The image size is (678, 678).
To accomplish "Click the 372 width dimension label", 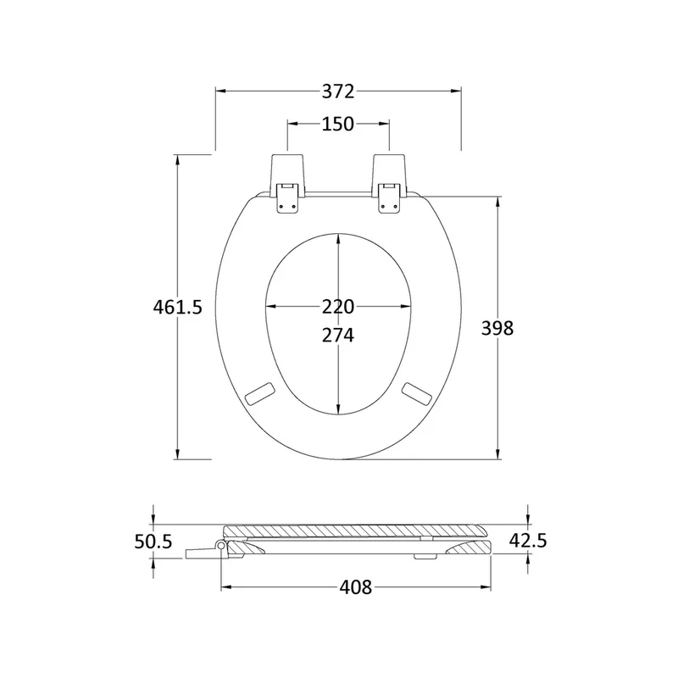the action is click(x=338, y=92).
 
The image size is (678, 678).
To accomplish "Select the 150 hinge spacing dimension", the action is click(x=338, y=124).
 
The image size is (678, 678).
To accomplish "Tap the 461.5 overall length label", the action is click(x=178, y=307).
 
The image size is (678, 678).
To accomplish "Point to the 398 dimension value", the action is click(x=497, y=328).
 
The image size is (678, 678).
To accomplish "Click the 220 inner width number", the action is click(x=338, y=307).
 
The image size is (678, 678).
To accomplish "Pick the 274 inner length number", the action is click(x=338, y=336).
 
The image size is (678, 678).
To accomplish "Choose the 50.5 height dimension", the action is click(x=153, y=542).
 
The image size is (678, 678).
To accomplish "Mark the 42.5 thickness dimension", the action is click(x=528, y=541).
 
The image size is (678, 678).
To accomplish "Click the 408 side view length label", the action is click(x=355, y=587).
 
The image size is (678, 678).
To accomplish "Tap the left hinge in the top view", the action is click(x=287, y=183).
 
